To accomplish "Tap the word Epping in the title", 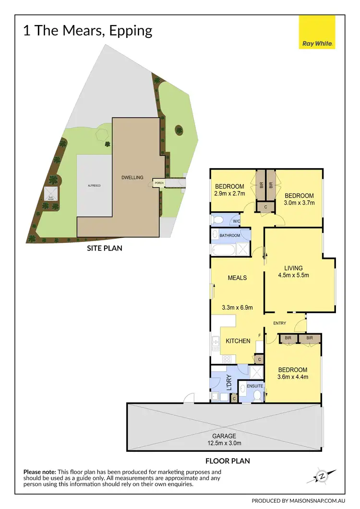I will [131, 31].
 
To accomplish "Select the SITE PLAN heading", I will [104, 248].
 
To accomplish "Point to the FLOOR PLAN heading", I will [228, 461].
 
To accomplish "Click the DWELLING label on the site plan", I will [132, 177].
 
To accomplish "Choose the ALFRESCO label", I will [94, 185].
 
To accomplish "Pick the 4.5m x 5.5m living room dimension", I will [293, 276].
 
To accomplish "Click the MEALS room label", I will [237, 278].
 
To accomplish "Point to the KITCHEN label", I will [238, 341].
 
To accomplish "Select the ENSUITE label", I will [254, 386].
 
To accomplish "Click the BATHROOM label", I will [230, 236].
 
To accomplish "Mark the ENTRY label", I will [280, 323].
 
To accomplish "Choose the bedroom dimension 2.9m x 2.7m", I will [229, 194].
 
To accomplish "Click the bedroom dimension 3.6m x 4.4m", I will [293, 377].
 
